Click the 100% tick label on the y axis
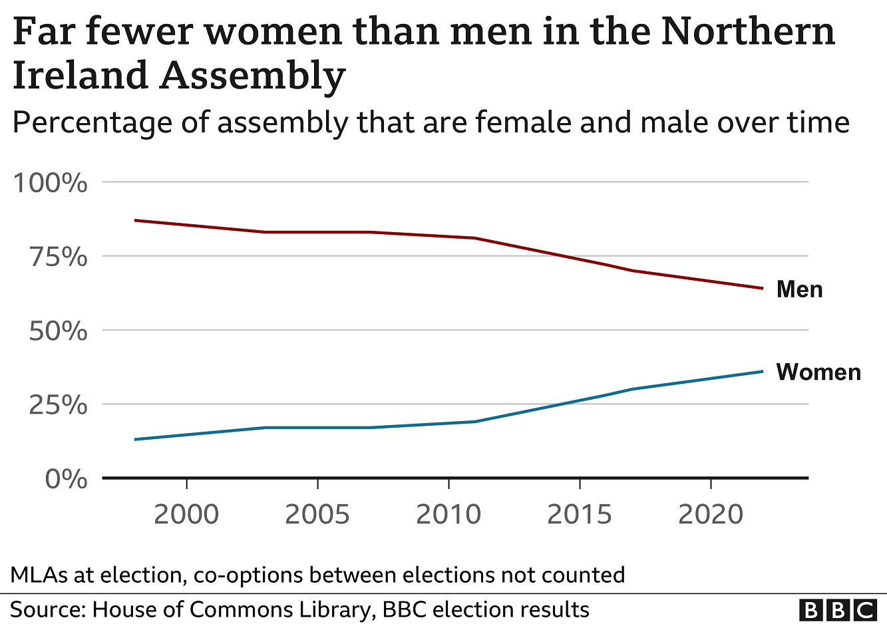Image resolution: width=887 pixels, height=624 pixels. (x=50, y=182)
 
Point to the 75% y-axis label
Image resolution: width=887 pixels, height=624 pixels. (x=57, y=257)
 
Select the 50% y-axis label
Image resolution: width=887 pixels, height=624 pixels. (x=57, y=331)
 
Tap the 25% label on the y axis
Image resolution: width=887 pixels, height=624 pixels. (x=57, y=404)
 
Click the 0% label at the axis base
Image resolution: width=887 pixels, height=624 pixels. (x=65, y=479)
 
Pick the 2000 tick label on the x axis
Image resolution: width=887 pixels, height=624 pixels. (x=186, y=514)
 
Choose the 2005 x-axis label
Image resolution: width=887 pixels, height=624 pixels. (x=317, y=514)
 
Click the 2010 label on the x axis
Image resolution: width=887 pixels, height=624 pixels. (x=448, y=514)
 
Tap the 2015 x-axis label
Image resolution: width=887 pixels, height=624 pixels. (x=580, y=514)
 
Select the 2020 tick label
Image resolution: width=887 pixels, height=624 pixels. (x=711, y=514)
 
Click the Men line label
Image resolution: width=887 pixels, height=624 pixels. (x=799, y=289)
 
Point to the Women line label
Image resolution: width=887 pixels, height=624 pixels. (x=818, y=372)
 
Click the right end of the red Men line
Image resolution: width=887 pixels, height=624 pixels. (x=762, y=288)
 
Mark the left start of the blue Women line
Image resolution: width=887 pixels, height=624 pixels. (x=135, y=439)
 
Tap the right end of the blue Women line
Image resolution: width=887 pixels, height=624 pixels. (x=762, y=371)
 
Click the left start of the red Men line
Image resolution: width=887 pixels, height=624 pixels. (x=135, y=220)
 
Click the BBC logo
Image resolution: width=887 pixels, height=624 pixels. (x=838, y=609)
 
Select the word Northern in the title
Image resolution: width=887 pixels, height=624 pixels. (x=747, y=31)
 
